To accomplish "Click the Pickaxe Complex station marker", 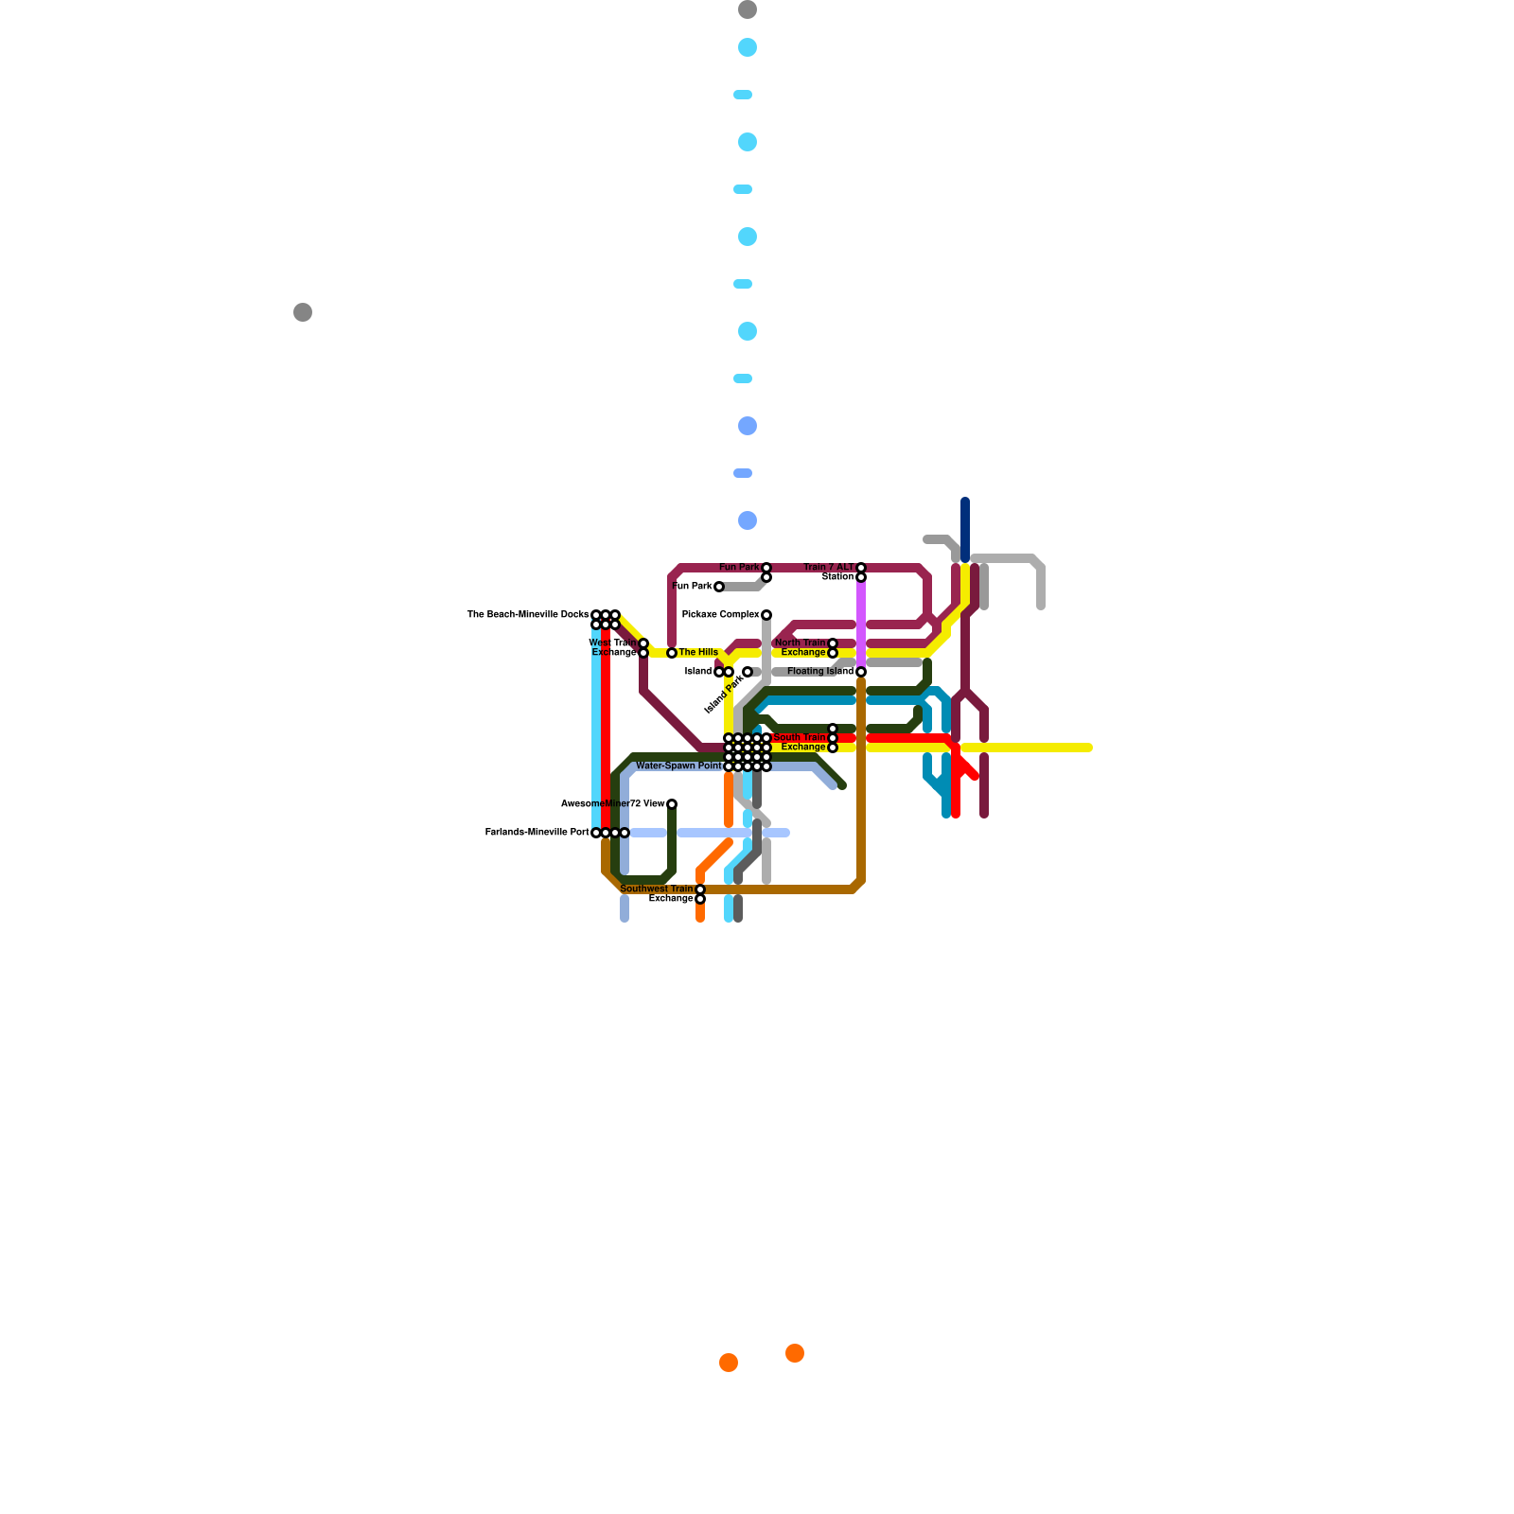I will tap(766, 615).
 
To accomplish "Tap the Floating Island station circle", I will tap(861, 672).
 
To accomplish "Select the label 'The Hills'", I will tap(698, 653).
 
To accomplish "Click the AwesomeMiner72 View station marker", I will tap(672, 804).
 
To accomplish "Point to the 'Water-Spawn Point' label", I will tap(678, 766).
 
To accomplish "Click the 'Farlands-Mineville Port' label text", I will tap(537, 833).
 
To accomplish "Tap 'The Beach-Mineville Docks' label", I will tap(528, 615).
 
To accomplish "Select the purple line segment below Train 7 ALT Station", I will tap(861, 625).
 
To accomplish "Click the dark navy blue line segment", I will tap(965, 530).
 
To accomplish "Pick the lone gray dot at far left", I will tap(303, 312).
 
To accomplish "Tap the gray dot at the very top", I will tap(748, 9).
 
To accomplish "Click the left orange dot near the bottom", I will tap(729, 1363).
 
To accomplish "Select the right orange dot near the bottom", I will tap(795, 1353).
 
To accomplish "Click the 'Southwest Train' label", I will tap(657, 889).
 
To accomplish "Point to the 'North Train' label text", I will tap(801, 643).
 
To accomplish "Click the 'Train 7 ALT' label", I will tap(829, 568).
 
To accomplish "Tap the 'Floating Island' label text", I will tap(819, 672).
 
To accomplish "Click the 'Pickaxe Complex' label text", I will tap(720, 615).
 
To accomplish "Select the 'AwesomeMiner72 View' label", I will tap(613, 804).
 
